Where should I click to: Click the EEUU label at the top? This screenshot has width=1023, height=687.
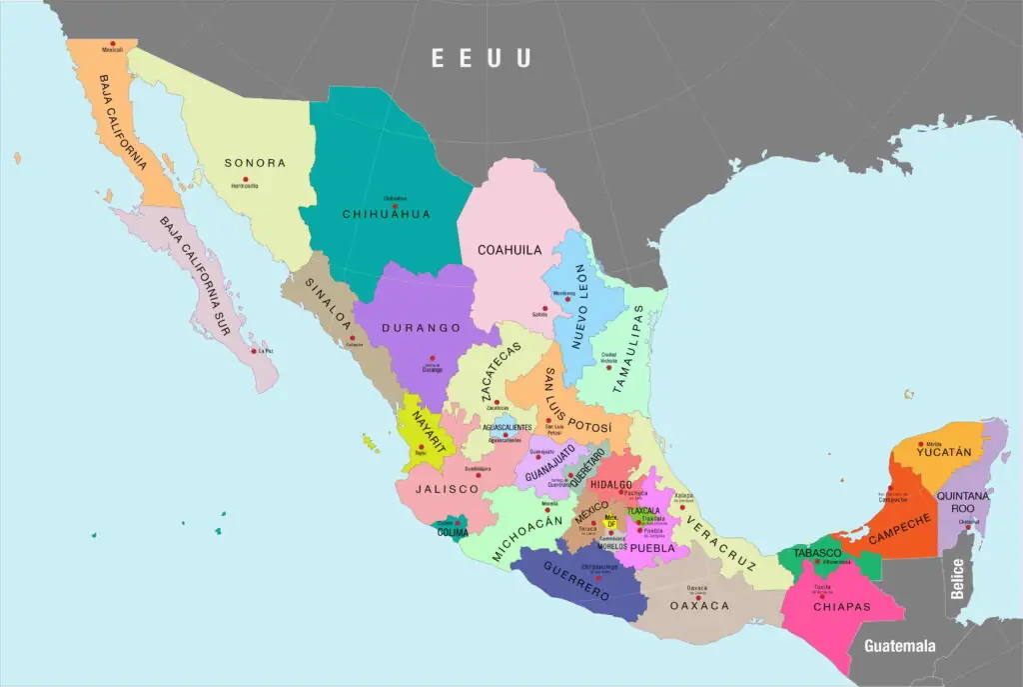[x=481, y=58]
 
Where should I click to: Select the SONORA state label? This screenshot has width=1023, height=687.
[x=255, y=163]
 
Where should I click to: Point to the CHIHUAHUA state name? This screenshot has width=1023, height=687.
[x=386, y=214]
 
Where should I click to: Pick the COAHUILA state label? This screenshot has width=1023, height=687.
[x=510, y=250]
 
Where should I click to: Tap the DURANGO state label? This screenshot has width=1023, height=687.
[x=427, y=328]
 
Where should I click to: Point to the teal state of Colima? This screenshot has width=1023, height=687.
[x=453, y=527]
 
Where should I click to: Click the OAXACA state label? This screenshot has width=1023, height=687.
[x=699, y=606]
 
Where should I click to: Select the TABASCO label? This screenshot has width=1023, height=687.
[x=817, y=553]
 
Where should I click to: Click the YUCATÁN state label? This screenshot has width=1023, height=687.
[x=944, y=452]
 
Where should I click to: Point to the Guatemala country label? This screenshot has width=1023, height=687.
[x=900, y=645]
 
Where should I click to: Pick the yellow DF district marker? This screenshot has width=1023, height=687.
[x=611, y=522]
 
